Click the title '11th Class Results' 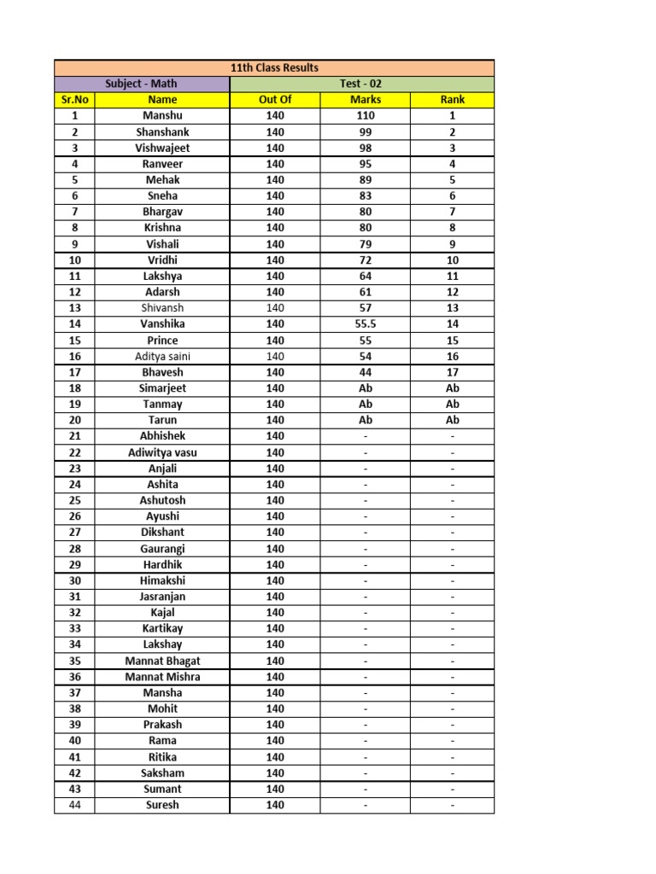(x=274, y=67)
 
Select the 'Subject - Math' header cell (x=142, y=84)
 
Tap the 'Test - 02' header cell (x=362, y=84)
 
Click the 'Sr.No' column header (x=74, y=100)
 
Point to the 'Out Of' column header (x=274, y=100)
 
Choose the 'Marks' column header (x=366, y=100)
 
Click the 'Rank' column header (x=453, y=100)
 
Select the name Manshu (x=162, y=115)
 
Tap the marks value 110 (x=366, y=115)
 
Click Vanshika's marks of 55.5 (x=366, y=324)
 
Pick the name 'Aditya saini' (x=162, y=356)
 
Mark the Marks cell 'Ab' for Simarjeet (x=366, y=388)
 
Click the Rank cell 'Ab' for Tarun (x=453, y=420)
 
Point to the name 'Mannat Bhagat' (x=162, y=661)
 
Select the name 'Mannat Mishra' (x=162, y=677)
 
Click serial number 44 (x=74, y=805)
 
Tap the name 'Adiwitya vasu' (x=162, y=452)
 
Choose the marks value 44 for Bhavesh (x=366, y=372)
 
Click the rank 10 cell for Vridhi (x=453, y=259)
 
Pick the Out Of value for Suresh (x=274, y=805)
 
